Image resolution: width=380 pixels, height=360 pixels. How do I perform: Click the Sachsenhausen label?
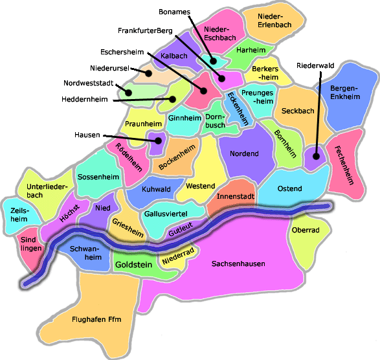coord(239,264)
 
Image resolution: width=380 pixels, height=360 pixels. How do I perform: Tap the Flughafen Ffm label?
coord(97,319)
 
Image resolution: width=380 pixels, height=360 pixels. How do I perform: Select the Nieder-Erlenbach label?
coord(274,20)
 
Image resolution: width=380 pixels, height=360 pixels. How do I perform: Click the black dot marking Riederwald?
coord(316,155)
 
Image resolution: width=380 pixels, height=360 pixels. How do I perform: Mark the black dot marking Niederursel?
coord(148,73)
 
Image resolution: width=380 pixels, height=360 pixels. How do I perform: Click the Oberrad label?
coord(306,230)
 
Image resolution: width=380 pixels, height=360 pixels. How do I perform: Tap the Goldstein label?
coord(134,265)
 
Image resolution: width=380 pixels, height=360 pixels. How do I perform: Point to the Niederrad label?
coord(178,256)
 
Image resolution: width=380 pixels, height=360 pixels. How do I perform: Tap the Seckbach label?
coord(298,111)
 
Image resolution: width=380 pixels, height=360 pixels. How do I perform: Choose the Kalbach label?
coord(173,56)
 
